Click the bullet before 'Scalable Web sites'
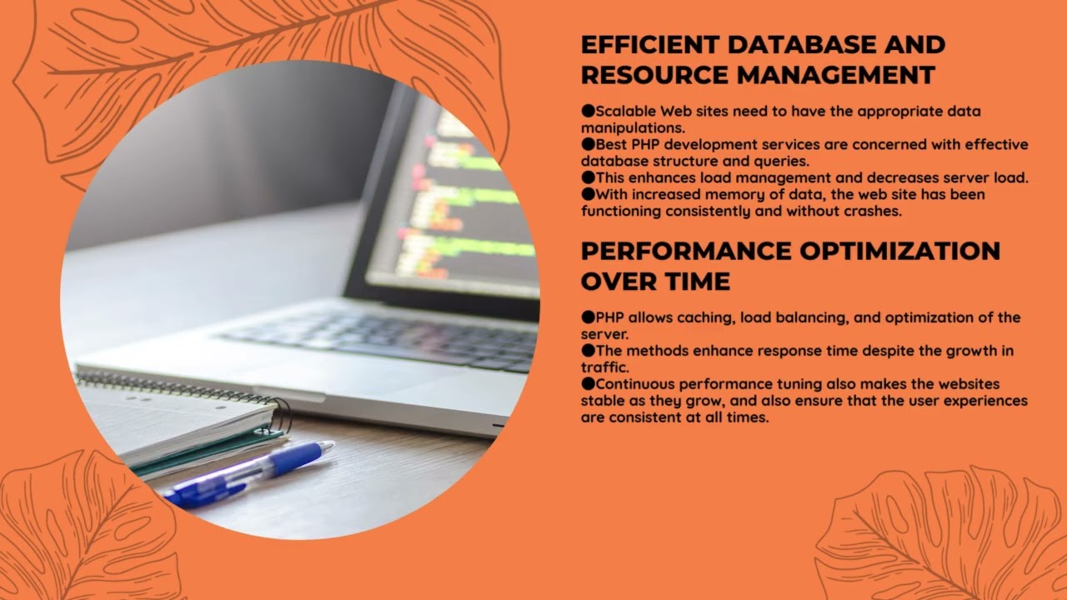588,111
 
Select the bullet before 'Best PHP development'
588,144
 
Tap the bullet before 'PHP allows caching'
588,317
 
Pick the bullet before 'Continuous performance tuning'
588,384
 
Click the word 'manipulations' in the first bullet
632,127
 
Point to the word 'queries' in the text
784,161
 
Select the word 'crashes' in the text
872,211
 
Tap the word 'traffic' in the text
604,367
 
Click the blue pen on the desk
250,472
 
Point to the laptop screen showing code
467,200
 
